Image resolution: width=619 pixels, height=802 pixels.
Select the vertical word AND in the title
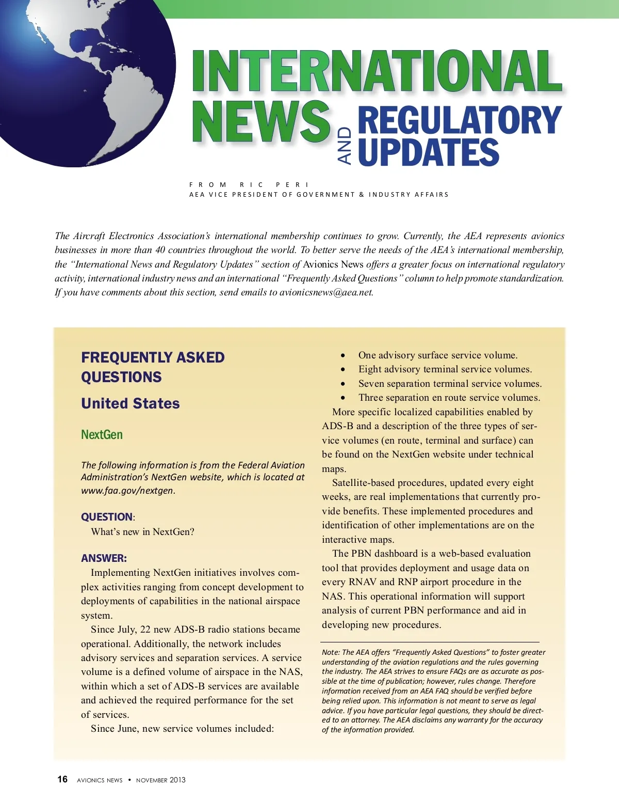[345, 146]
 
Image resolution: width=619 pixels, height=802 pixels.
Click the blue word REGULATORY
[459, 120]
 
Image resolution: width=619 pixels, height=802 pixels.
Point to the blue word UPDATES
[428, 152]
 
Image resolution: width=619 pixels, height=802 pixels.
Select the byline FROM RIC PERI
[249, 184]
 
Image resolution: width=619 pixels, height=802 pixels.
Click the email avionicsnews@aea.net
[326, 292]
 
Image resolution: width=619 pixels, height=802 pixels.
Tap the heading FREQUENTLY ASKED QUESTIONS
[153, 367]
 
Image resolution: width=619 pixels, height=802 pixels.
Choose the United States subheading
[131, 403]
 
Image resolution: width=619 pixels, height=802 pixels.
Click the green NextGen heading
[102, 435]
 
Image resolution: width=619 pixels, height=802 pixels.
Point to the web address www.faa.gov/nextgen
[127, 491]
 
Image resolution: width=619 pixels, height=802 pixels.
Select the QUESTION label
[107, 517]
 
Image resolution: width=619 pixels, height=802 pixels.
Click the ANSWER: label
[104, 558]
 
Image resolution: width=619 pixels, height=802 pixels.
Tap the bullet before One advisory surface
[343, 356]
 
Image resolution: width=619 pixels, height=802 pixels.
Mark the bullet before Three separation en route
[343, 398]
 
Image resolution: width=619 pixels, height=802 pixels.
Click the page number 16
[62, 779]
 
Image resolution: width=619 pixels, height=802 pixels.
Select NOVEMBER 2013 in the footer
[160, 780]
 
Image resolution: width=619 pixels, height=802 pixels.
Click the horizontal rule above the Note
[430, 641]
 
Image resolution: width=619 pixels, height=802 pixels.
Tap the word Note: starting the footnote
[331, 652]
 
